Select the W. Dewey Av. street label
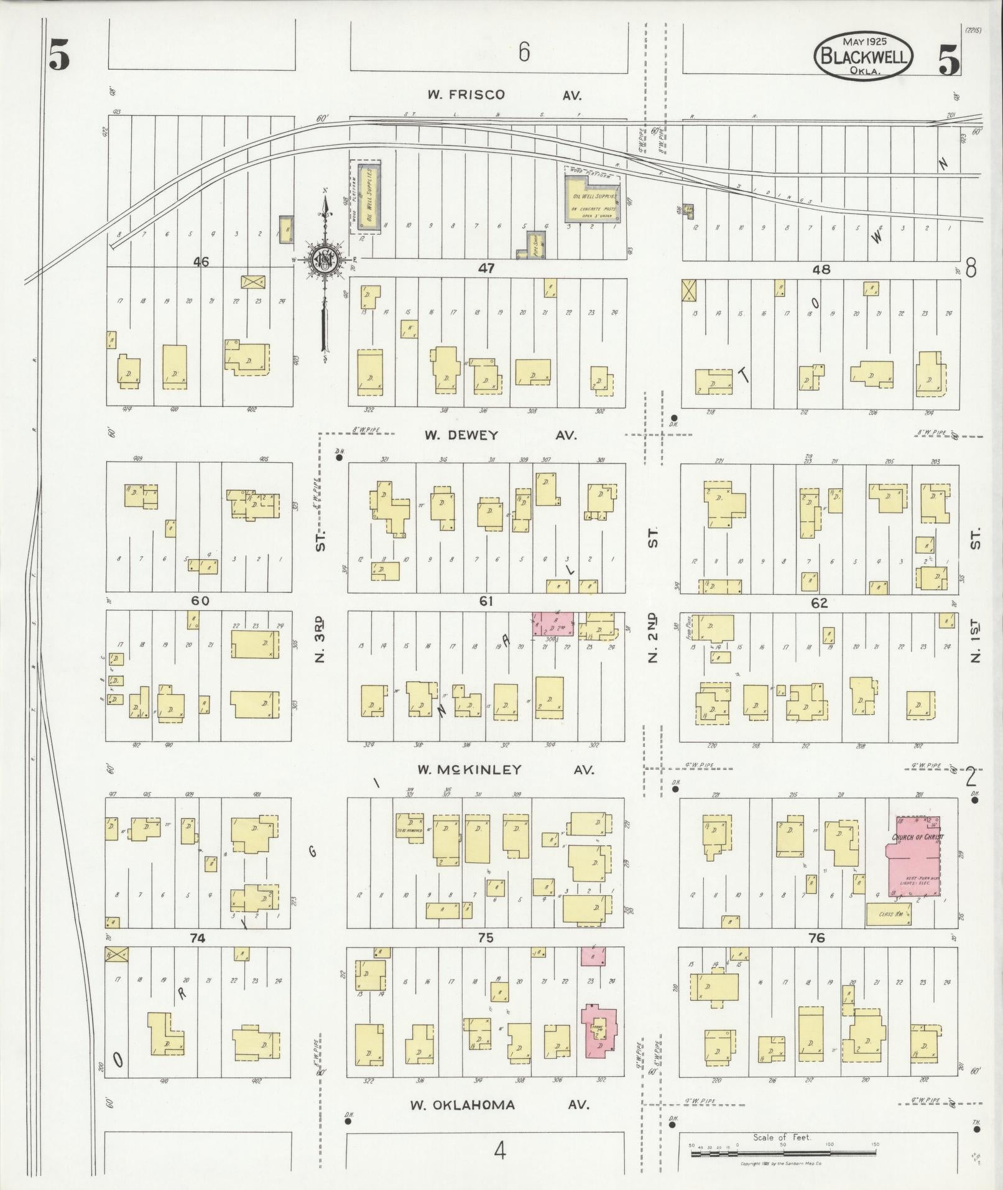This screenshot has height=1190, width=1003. [500, 435]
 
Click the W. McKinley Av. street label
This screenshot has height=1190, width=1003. [505, 770]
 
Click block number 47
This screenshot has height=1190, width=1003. [486, 269]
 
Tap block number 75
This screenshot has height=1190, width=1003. [486, 938]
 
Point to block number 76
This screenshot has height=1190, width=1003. [816, 938]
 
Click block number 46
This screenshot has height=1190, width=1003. [200, 262]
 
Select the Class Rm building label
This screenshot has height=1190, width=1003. [889, 914]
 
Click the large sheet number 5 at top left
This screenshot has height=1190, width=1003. [59, 56]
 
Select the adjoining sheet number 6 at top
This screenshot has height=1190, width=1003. [524, 52]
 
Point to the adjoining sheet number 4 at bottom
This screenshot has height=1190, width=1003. [499, 1151]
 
